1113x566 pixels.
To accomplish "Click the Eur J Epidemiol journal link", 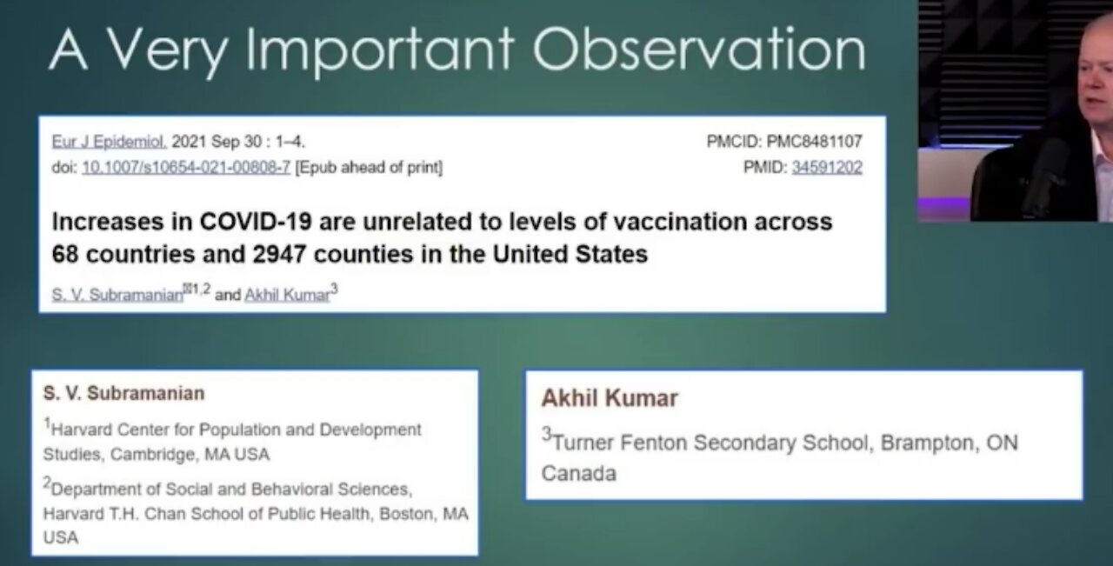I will coord(109,142).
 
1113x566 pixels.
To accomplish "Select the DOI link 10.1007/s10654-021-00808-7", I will coord(186,167).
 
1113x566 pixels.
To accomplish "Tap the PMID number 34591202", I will coord(826,167).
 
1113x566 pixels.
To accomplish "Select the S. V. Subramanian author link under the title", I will coord(117,295).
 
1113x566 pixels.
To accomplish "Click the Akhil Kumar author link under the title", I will coord(287,295).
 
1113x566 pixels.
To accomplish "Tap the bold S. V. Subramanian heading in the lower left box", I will coord(123,393).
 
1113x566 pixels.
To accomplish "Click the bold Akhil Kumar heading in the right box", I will coord(609,398).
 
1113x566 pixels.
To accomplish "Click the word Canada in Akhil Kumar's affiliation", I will coord(578,474).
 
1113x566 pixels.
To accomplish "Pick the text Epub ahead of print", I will coord(369,167).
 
